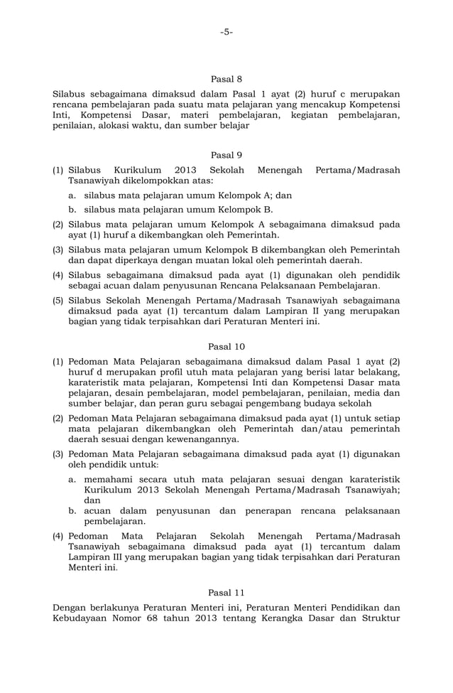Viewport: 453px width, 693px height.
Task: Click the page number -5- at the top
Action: [x=226, y=32]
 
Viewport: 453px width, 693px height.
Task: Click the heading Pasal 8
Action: [x=226, y=79]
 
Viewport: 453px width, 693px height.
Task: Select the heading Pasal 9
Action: [x=226, y=155]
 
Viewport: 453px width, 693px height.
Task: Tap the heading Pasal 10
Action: [x=226, y=346]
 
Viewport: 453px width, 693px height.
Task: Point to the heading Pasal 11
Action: [x=226, y=592]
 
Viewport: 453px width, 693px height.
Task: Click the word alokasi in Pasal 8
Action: [x=132, y=126]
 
